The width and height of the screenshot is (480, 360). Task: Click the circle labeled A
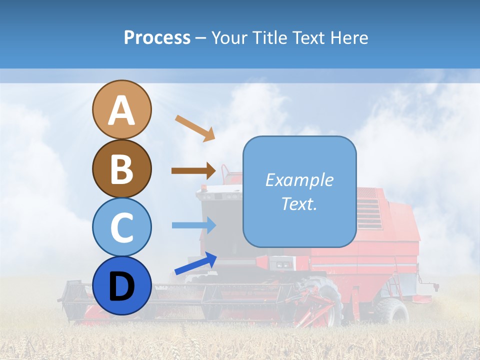point(121,109)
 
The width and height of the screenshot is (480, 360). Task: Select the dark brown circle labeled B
point(121,168)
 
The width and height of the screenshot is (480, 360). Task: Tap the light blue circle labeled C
point(121,227)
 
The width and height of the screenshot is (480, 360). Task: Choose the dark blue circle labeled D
point(121,285)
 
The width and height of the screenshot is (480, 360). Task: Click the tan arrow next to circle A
point(195,128)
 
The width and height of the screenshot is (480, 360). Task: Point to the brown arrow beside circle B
point(193,170)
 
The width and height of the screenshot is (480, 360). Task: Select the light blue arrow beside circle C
point(193,225)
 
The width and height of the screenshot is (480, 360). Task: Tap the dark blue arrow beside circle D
point(195,263)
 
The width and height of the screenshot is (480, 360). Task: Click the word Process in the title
point(157,37)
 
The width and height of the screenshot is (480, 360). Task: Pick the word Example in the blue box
point(299,180)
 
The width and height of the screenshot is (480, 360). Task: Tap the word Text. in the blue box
point(299,203)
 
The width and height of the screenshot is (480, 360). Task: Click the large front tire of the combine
point(322,300)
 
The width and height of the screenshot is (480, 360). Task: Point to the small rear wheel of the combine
point(393,311)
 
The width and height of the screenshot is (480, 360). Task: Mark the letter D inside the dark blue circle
point(121,286)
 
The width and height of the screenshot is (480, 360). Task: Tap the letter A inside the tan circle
point(121,110)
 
